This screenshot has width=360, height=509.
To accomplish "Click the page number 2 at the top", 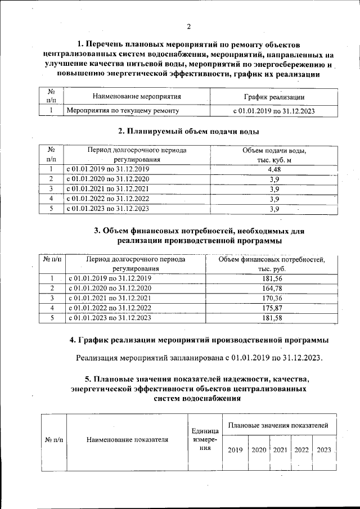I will point(189,26).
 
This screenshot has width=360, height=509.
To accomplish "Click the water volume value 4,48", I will point(274,169).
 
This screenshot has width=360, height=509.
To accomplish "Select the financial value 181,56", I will point(272,278).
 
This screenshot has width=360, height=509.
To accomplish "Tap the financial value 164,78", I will point(272,289).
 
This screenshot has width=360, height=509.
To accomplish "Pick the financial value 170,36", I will point(272,298).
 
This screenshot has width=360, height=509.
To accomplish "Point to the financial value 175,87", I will point(272,308).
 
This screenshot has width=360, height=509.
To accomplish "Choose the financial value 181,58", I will point(272,318).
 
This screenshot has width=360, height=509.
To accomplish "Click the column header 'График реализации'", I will point(274,97).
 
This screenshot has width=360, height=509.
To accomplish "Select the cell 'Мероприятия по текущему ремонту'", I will point(123,111).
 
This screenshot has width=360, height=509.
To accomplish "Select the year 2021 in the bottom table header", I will point(280,450).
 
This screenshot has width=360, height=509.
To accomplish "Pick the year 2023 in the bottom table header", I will point(324,450).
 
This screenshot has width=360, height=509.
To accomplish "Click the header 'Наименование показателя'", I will point(128,440).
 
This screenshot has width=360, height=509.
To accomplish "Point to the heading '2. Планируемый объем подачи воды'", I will point(188,132).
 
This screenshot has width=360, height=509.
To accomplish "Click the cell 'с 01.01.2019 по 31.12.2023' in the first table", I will point(274,111).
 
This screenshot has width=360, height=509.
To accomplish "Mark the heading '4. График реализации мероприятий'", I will point(199,340).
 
